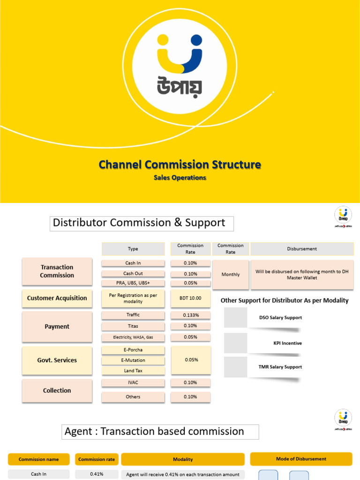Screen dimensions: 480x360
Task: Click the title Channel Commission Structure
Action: (x=180, y=165)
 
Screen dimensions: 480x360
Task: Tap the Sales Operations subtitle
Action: (x=180, y=178)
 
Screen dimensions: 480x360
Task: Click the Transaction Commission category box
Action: (x=57, y=271)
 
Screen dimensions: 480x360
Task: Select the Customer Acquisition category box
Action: (x=57, y=298)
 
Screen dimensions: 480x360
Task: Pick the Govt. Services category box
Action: (x=57, y=360)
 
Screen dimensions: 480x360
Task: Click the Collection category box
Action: (x=57, y=390)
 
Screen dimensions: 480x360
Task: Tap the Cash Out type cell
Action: (x=133, y=274)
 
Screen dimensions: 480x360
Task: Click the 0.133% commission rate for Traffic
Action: (x=190, y=315)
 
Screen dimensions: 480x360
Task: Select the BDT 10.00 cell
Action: (x=190, y=298)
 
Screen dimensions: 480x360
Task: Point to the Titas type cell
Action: (x=133, y=326)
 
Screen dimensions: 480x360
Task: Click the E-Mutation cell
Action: (x=133, y=360)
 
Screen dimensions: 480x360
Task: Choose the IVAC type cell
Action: (x=133, y=382)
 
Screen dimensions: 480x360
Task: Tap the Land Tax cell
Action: (x=133, y=371)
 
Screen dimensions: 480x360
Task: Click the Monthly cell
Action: (x=231, y=275)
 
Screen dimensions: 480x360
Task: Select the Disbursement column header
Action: (x=302, y=249)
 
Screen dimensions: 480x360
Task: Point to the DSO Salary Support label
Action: (x=280, y=318)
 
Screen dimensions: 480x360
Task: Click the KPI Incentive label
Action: (x=287, y=343)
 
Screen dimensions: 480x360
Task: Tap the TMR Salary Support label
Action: (x=280, y=367)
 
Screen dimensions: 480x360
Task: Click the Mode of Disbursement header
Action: (x=301, y=459)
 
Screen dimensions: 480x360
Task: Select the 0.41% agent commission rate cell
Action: (x=97, y=474)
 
